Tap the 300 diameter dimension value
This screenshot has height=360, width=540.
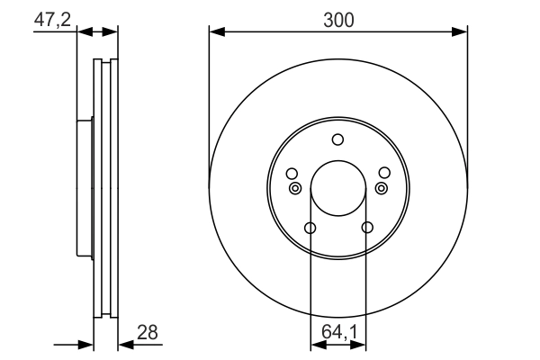(337, 17)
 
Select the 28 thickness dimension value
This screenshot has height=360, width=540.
(148, 332)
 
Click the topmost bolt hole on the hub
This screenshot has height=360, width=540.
(338, 139)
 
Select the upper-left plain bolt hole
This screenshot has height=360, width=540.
(291, 174)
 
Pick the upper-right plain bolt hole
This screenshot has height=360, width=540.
(385, 174)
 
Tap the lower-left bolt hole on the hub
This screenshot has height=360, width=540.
(310, 228)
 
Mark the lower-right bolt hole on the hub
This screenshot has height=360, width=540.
(366, 228)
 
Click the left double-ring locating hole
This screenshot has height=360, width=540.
(295, 188)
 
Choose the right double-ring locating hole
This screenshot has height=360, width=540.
(381, 188)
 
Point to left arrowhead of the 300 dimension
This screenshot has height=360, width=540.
(215, 32)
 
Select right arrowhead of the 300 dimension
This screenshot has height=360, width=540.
(461, 32)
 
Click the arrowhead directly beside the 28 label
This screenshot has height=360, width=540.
(124, 344)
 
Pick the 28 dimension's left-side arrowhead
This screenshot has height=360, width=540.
(87, 344)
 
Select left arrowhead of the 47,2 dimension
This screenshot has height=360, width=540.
(85, 32)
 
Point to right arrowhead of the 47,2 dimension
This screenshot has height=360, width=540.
(112, 32)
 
